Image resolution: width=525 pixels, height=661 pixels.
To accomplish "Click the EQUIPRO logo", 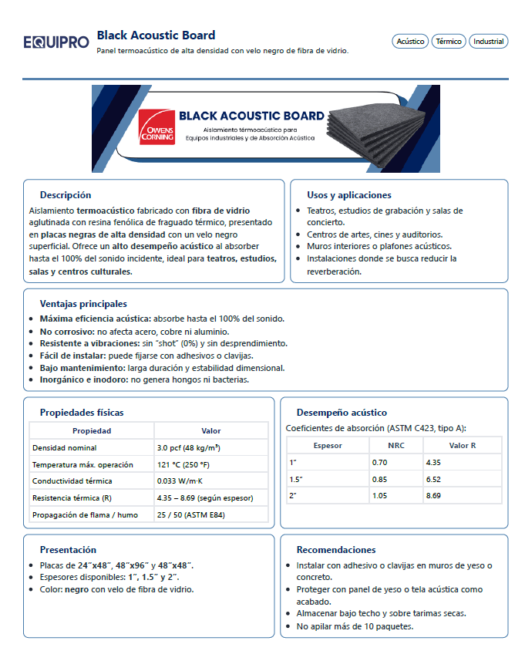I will tap(56, 42).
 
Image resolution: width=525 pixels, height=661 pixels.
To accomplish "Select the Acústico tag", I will tap(410, 42).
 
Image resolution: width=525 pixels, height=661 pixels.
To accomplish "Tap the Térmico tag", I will tap(448, 42).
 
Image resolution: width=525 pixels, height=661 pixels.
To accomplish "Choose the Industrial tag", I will tap(488, 42).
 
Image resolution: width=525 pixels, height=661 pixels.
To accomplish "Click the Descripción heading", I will tap(66, 195).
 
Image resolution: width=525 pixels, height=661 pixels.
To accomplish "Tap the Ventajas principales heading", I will tap(83, 304).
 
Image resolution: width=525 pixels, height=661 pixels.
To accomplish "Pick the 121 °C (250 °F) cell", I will tap(183, 465).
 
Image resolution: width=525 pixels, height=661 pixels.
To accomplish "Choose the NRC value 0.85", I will tap(379, 479).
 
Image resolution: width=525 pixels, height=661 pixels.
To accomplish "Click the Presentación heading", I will tap(69, 550).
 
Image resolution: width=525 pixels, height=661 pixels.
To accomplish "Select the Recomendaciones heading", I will tap(336, 550).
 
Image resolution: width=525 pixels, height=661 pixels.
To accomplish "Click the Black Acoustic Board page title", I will tap(156, 35).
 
